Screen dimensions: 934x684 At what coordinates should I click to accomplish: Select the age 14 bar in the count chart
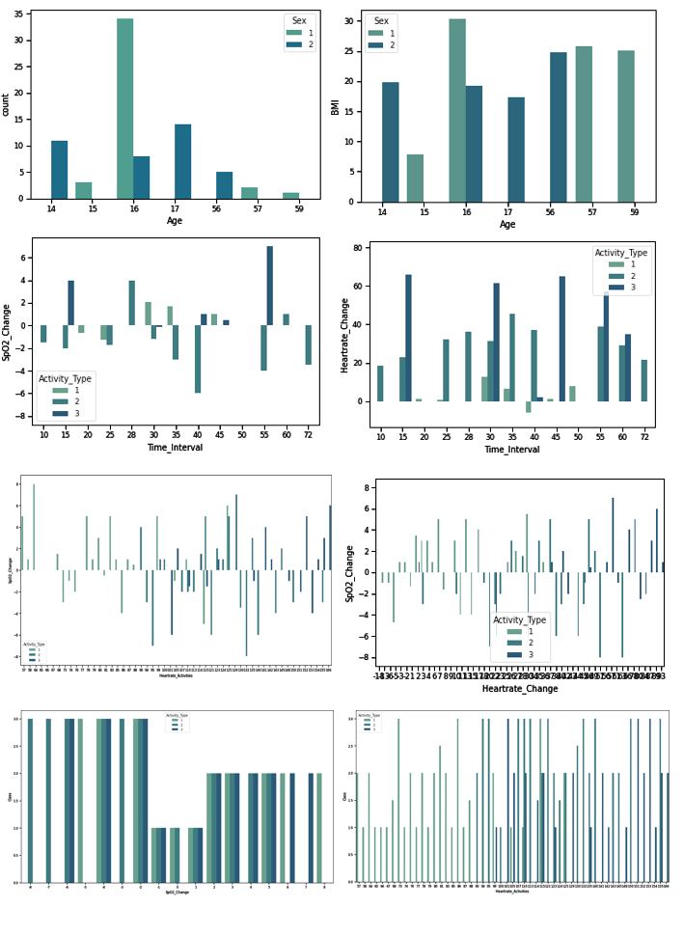point(60,170)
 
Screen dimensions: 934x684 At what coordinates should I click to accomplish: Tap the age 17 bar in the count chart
point(183,161)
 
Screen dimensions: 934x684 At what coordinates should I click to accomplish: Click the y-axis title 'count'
point(6,104)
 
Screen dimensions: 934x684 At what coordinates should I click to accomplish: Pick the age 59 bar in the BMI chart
point(626,126)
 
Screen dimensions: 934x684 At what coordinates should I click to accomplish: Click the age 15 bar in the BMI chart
point(415,179)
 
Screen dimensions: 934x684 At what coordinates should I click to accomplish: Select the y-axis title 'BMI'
point(337,106)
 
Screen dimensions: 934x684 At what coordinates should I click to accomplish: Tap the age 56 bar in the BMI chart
point(559,127)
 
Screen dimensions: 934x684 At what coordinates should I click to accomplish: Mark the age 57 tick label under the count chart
point(250,207)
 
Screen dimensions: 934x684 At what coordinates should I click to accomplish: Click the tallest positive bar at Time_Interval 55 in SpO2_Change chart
point(270,286)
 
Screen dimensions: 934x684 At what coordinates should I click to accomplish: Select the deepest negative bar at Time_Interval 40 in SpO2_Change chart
point(197,359)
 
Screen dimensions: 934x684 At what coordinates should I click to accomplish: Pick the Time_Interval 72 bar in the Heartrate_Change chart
point(644,380)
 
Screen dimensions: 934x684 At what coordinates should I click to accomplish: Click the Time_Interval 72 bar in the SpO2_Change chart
point(308,344)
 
